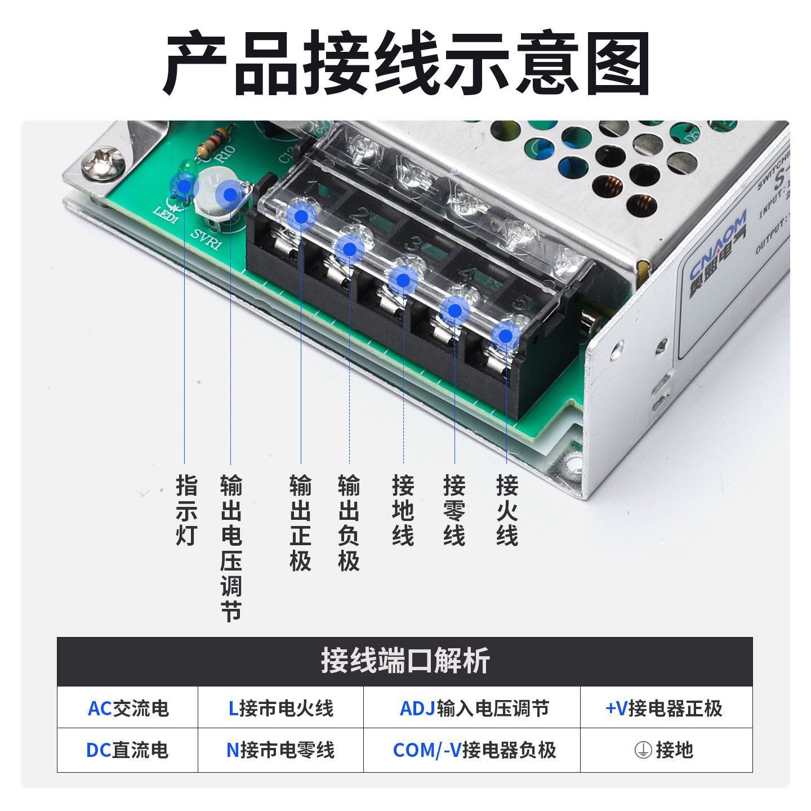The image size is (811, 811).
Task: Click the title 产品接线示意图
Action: click(x=405, y=63)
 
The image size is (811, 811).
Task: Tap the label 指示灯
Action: click(x=186, y=510)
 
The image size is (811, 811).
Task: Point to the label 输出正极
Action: click(x=300, y=523)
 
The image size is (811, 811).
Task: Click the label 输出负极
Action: click(x=349, y=523)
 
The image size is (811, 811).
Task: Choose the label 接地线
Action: click(x=403, y=510)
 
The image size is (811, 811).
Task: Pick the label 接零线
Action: click(x=454, y=510)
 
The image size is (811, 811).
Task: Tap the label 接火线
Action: click(x=507, y=510)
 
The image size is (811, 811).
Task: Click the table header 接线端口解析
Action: click(x=405, y=661)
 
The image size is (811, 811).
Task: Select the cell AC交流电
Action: click(x=128, y=708)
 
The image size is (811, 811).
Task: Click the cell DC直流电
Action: click(x=127, y=750)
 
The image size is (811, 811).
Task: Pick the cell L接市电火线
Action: click(x=280, y=708)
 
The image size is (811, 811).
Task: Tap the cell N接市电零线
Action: click(x=280, y=750)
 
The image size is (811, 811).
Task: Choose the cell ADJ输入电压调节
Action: click(x=474, y=708)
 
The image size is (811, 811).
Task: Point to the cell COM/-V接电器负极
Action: click(x=474, y=750)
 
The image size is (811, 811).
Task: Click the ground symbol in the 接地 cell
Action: click(x=643, y=750)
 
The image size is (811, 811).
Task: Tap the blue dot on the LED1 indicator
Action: click(x=184, y=185)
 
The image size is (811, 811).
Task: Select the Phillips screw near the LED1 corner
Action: click(x=103, y=163)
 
